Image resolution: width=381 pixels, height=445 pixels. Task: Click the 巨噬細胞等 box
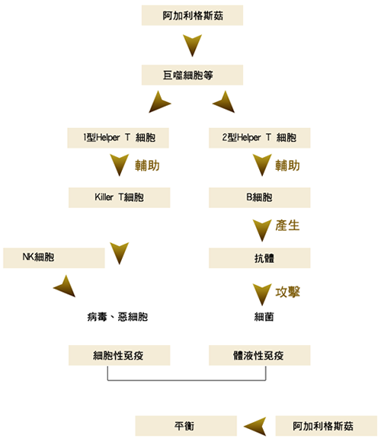coord(192,75)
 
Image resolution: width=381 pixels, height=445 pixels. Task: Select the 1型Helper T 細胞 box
coord(118,138)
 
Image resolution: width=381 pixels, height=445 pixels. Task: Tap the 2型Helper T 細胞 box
coord(260,138)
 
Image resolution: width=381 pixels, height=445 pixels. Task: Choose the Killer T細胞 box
coord(119,197)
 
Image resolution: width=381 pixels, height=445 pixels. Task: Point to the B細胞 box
coord(260,197)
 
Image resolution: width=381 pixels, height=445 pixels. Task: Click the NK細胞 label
coord(38,257)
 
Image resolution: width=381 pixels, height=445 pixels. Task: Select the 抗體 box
coord(260,258)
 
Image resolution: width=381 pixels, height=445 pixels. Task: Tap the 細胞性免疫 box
coord(119,355)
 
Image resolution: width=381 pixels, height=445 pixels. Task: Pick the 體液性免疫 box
coord(260,355)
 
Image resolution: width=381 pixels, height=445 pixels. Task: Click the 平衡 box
coord(186,426)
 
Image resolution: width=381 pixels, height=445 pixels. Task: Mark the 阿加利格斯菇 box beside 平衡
coord(326,426)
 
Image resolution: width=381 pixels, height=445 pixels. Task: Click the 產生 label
coord(287,226)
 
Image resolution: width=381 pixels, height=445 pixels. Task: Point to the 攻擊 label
coord(287,292)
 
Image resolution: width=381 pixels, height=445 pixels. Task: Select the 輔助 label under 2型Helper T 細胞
coord(287,165)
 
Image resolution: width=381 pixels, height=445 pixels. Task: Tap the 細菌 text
coord(264,317)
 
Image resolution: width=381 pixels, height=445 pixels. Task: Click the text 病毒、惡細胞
coord(117,317)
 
